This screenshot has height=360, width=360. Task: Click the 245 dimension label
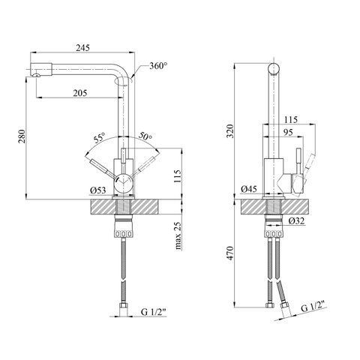(82, 47)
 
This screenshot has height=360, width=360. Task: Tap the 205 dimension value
(80, 93)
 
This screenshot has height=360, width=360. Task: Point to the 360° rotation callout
(158, 66)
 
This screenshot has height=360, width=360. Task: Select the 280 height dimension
(22, 136)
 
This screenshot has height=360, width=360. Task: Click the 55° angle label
(100, 137)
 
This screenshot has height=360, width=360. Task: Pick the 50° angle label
(145, 136)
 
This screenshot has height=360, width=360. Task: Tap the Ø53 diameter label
(98, 190)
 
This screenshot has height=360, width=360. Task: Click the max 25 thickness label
(178, 236)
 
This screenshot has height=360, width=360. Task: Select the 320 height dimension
(230, 130)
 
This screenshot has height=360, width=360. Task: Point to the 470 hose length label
(230, 253)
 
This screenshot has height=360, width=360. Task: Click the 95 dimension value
(288, 132)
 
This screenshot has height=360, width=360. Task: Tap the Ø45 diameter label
(249, 189)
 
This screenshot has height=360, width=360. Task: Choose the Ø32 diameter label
(296, 220)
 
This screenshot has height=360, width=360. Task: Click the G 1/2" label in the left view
(154, 312)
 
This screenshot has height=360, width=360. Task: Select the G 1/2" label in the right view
(314, 306)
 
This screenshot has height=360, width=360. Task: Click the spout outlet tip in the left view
(37, 75)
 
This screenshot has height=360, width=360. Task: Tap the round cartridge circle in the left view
(123, 182)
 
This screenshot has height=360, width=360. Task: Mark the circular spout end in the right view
(274, 68)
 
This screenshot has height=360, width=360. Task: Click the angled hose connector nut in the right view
(284, 305)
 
